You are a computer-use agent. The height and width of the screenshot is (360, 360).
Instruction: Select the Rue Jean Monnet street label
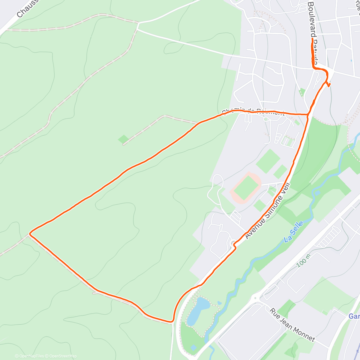292,325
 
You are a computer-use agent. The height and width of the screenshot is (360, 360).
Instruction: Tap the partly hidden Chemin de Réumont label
253,112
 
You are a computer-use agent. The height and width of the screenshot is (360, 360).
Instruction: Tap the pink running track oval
246,188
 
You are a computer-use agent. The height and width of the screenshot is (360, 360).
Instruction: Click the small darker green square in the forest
123,139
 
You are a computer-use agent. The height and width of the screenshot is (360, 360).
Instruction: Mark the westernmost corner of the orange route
30,233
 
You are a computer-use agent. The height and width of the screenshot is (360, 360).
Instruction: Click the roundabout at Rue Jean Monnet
256,298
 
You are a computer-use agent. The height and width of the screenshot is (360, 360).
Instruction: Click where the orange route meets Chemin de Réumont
308,114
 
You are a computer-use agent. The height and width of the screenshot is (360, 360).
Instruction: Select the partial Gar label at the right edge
354,316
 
